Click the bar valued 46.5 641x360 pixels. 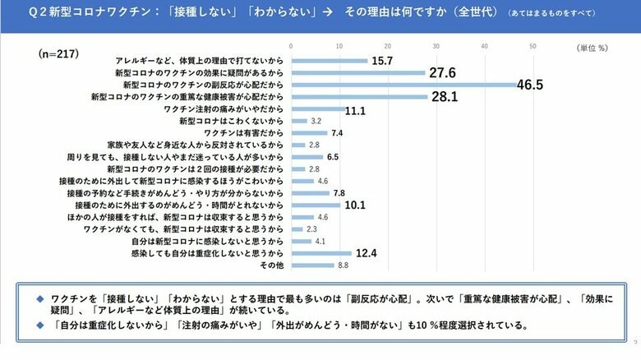tap(403, 85)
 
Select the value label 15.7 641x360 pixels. tap(384, 61)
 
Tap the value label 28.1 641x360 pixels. tap(444, 97)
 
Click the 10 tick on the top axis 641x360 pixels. tap(339, 46)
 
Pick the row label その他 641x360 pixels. tap(273, 265)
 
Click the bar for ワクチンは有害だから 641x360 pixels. tap(308, 132)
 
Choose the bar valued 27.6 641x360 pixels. tap(357, 73)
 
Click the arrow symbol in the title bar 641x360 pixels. tap(326, 14)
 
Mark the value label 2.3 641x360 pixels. tap(312, 229)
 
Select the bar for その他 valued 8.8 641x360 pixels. tap(311, 265)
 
